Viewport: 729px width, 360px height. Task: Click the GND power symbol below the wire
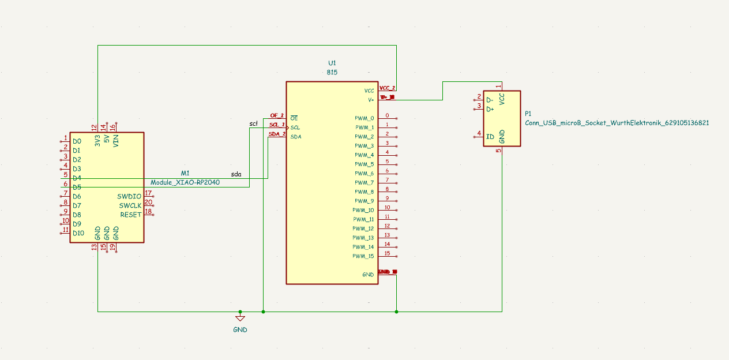pos(240,318)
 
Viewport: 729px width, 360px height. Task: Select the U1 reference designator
pos(332,62)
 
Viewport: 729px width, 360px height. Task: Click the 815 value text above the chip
pos(332,73)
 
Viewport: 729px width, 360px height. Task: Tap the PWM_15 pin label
pos(364,256)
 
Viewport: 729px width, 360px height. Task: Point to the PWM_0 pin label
pos(364,118)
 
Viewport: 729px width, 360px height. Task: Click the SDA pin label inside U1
pos(295,137)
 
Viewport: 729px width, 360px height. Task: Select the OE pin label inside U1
pos(294,118)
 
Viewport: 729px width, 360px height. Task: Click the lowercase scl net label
pos(253,123)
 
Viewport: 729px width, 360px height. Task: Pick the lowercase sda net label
pos(236,174)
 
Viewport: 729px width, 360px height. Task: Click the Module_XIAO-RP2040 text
pos(185,182)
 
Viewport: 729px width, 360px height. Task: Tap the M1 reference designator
pos(185,173)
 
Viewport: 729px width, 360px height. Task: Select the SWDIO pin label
pos(129,196)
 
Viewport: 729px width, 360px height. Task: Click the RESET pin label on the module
pos(131,215)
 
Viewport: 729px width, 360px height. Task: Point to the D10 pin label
pos(78,233)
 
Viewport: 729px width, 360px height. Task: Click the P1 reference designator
pos(529,114)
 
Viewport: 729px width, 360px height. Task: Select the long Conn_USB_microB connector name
pos(617,123)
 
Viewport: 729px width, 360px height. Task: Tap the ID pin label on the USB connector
pos(490,137)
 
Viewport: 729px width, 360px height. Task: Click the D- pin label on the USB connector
pos(490,100)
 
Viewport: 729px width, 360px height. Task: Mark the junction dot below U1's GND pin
pos(397,312)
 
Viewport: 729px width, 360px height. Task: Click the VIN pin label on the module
pos(116,140)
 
